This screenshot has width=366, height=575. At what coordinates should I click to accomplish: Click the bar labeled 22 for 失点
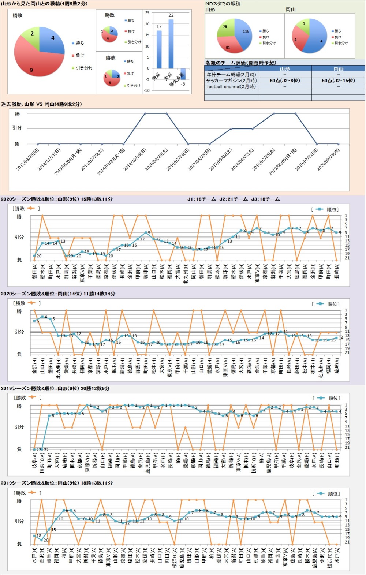click(x=171, y=44)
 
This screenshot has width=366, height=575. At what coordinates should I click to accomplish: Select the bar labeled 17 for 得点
click(x=159, y=49)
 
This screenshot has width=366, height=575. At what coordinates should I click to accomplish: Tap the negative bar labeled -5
click(x=183, y=74)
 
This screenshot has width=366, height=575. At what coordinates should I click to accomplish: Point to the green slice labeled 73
click(x=225, y=28)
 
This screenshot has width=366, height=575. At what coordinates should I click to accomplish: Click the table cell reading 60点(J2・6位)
click(x=284, y=81)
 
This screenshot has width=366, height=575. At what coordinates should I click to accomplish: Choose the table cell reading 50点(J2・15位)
click(x=338, y=81)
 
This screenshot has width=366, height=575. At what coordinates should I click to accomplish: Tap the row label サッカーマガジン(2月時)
click(x=231, y=81)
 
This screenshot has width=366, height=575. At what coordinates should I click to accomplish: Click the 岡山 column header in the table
click(x=338, y=68)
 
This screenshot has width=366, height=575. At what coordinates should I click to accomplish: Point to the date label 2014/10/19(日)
click(x=135, y=160)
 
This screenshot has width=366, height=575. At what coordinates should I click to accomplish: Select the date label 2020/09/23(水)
click(x=328, y=160)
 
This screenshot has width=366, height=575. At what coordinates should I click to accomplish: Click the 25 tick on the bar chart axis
click(x=147, y=13)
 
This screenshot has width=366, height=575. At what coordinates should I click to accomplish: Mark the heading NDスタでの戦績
click(x=223, y=4)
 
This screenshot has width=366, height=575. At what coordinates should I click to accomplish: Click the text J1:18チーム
click(x=201, y=199)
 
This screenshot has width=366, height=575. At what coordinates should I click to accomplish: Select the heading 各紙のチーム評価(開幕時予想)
click(x=240, y=63)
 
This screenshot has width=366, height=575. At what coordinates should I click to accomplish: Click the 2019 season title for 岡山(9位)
click(x=56, y=483)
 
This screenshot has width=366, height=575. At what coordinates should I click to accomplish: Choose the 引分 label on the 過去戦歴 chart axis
click(x=17, y=128)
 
